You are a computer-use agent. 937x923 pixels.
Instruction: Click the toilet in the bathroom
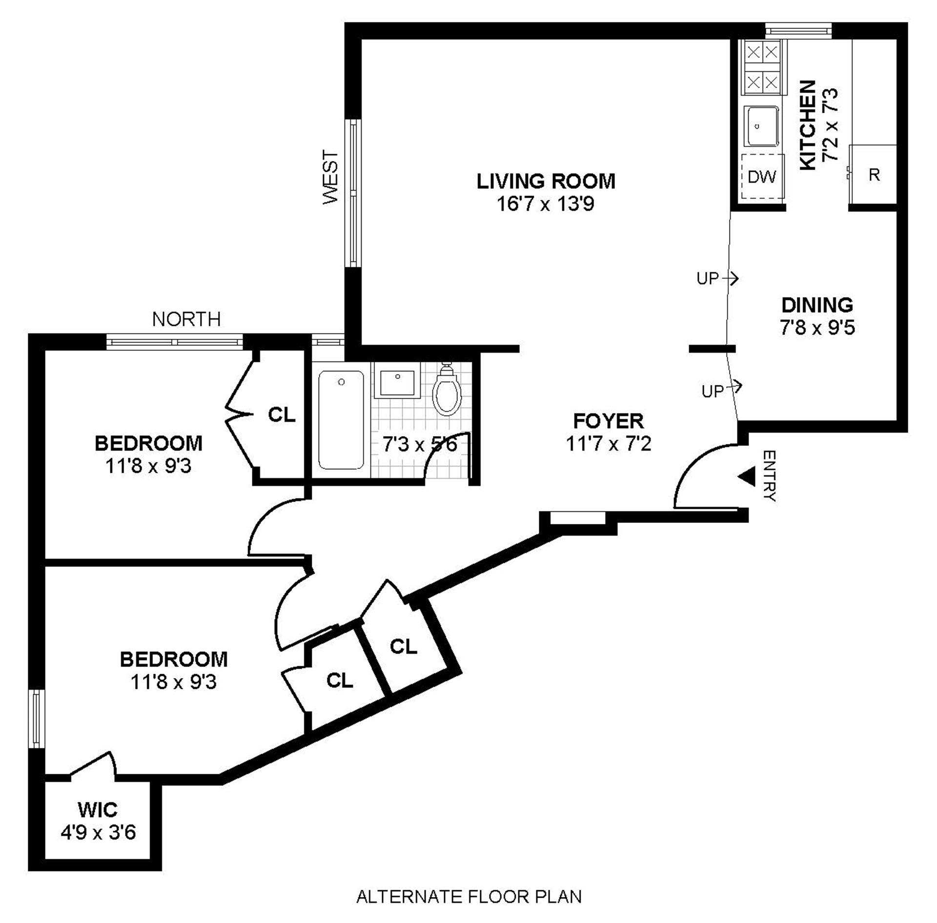point(447,393)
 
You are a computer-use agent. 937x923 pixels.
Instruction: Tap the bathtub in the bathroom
point(341,420)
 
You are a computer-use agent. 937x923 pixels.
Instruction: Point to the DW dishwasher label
point(761,177)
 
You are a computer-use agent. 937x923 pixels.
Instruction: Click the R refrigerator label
point(874,175)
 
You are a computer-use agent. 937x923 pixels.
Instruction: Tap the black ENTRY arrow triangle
point(747,477)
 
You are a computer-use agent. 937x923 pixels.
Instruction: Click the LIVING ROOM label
point(546,181)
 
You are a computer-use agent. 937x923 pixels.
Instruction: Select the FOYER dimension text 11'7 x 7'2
point(608,444)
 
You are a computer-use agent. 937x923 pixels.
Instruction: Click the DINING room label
point(817,305)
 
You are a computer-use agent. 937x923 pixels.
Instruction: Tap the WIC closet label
point(98,810)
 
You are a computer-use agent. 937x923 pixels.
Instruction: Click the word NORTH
point(186,320)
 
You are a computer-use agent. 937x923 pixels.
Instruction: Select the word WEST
point(331,177)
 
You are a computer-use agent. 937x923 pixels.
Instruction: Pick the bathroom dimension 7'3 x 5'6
point(420,444)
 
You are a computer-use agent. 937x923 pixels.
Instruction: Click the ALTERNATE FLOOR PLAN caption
point(468,897)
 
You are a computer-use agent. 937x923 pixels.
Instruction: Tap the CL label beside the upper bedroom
point(282,415)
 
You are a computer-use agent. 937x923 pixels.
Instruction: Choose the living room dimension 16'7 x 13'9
point(545,204)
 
